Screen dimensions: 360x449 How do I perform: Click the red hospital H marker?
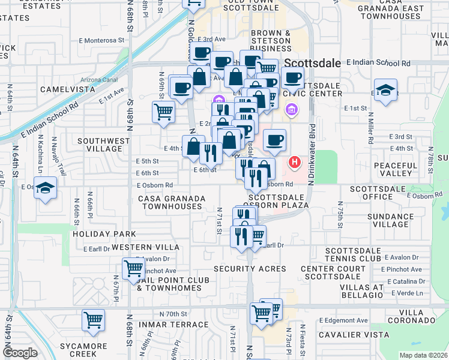pyautogui.click(x=294, y=162)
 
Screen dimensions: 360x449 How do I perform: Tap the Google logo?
pyautogui.click(x=20, y=353)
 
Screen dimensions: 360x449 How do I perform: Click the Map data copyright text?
pyautogui.click(x=423, y=355)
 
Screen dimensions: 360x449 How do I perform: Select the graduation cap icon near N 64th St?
pyautogui.click(x=46, y=188)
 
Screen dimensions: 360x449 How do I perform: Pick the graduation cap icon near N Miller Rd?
pyautogui.click(x=385, y=90)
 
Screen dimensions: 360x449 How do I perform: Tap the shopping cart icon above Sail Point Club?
pyautogui.click(x=133, y=269)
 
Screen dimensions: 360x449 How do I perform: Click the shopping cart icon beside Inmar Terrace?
pyautogui.click(x=94, y=320)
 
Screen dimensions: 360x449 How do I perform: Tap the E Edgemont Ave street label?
pyautogui.click(x=343, y=321)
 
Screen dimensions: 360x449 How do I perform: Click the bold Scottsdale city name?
pyautogui.click(x=313, y=63)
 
